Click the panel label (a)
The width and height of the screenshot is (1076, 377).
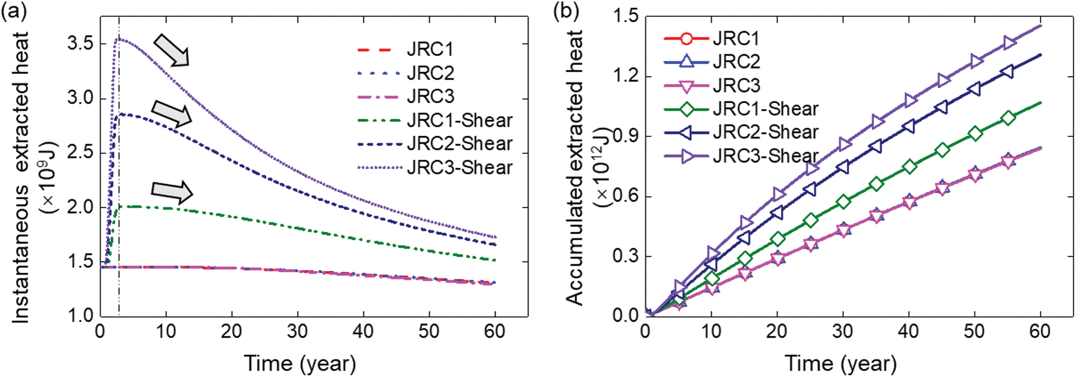tap(14, 11)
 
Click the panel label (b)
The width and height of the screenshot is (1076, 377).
tap(565, 11)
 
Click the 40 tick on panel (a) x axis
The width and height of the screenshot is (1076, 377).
tap(363, 332)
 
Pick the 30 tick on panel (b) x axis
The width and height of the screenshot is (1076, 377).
tap(842, 332)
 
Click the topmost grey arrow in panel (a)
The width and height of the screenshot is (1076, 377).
tap(171, 49)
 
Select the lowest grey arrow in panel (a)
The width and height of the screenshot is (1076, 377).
tap(171, 191)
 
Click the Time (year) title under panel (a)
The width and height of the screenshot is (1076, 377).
tap(299, 364)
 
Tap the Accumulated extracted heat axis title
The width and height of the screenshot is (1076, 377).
tap(575, 169)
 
